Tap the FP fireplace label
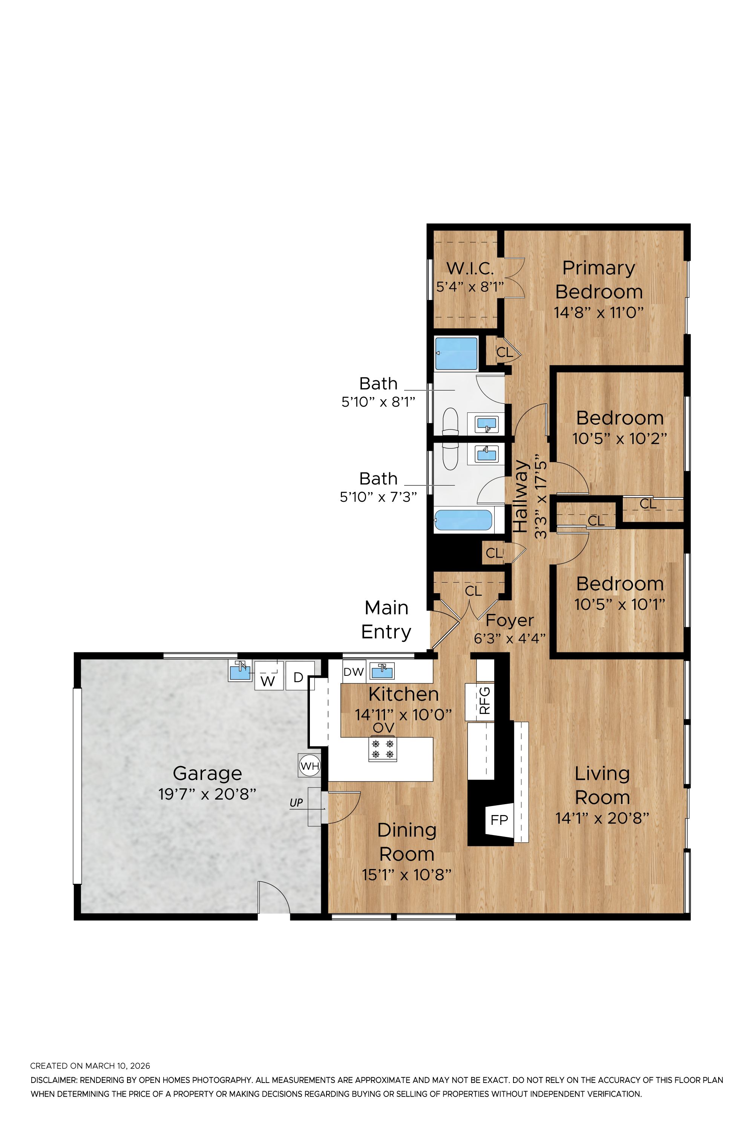tap(499, 819)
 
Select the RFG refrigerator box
tap(480, 702)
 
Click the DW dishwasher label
tap(354, 672)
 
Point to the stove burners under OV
tap(383, 749)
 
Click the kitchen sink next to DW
tap(382, 671)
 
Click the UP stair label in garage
tap(296, 803)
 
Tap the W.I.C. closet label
tap(470, 268)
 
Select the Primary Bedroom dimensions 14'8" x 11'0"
tap(599, 312)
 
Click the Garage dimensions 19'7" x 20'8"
tap(207, 794)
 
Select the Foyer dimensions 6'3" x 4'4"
tap(510, 638)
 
